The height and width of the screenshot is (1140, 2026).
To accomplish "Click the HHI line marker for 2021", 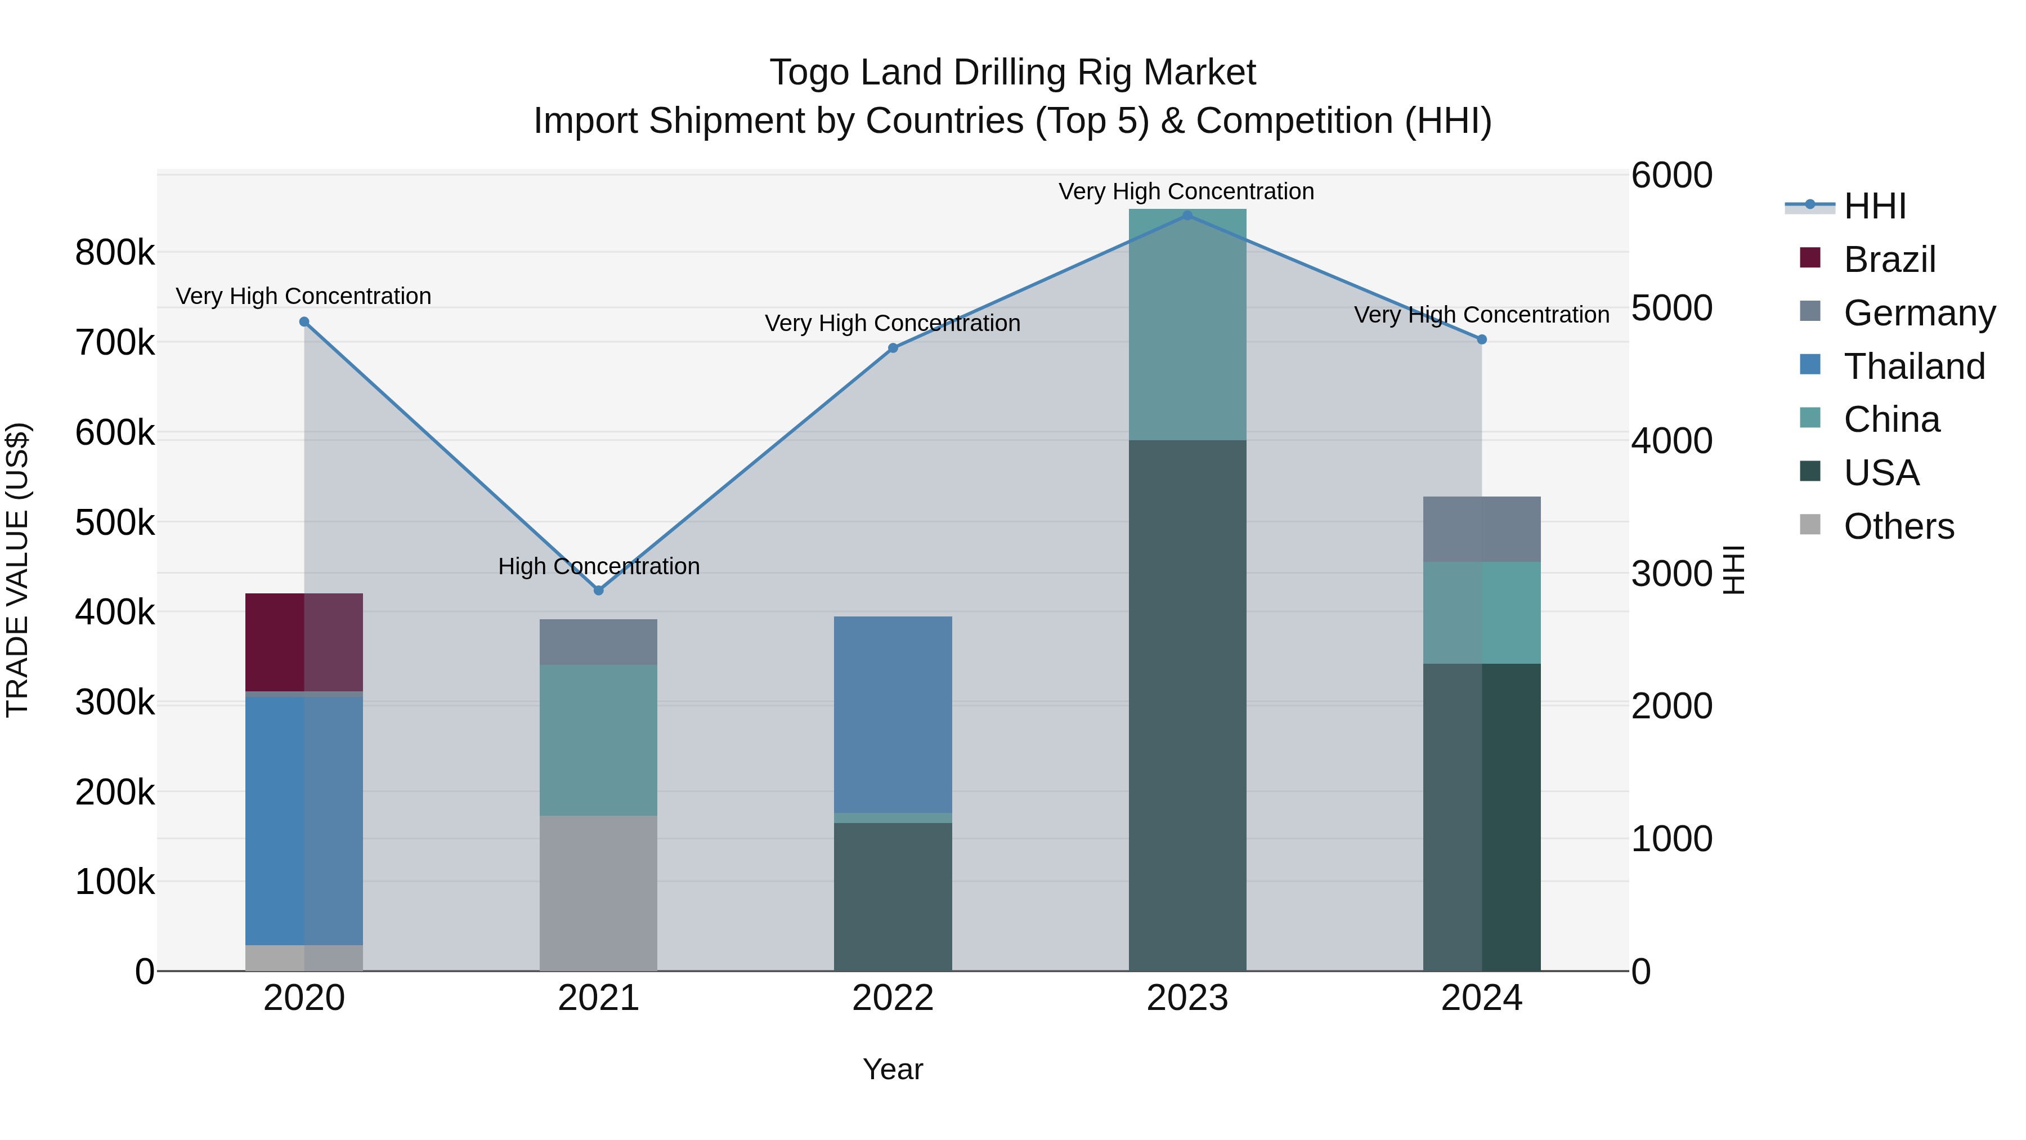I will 599,590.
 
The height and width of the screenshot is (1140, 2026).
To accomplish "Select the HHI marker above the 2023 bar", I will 1187,215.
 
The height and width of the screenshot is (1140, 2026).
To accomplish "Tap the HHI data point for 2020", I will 304,322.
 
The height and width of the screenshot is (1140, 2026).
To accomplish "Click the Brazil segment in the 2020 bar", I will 304,642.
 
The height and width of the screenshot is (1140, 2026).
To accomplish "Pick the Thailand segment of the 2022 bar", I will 893,714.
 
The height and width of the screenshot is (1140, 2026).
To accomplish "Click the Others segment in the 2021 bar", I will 599,893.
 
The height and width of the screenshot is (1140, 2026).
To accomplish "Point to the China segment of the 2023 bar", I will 1187,324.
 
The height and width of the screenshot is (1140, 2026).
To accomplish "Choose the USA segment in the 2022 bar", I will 893,897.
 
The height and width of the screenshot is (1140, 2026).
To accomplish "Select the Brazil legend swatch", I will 1810,258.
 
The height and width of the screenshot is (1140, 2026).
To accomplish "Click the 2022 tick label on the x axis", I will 893,998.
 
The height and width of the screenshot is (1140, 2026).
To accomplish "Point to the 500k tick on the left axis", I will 115,522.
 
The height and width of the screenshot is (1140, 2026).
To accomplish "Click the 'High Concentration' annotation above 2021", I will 599,566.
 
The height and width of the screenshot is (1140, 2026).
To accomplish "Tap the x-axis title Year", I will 893,1069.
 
